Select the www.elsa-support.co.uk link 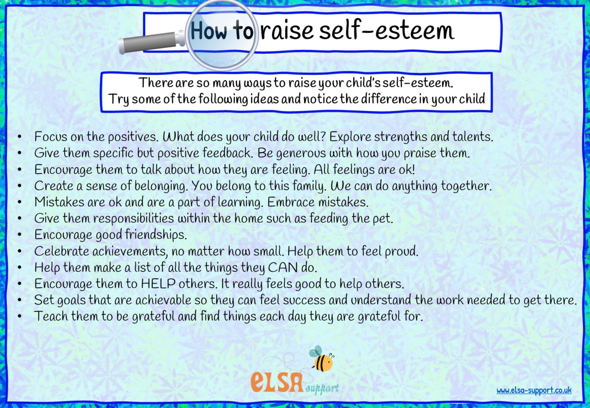click(x=534, y=390)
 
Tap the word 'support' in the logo click(x=322, y=388)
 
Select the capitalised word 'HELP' click(x=158, y=284)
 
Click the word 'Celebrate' click(x=61, y=251)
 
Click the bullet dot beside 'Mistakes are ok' click(x=20, y=202)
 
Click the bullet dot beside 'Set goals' click(x=20, y=300)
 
